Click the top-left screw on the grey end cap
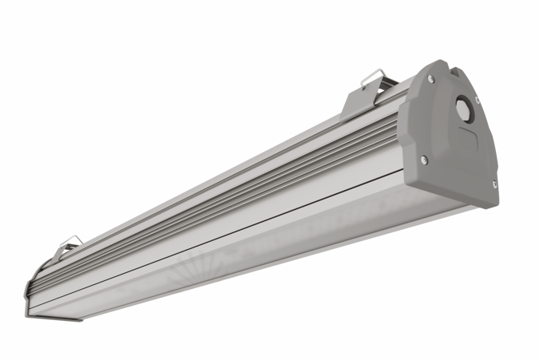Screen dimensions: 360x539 [431, 79]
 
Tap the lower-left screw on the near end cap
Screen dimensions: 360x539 [424, 160]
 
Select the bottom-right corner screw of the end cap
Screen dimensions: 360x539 [494, 184]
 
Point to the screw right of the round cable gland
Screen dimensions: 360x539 [478, 100]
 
